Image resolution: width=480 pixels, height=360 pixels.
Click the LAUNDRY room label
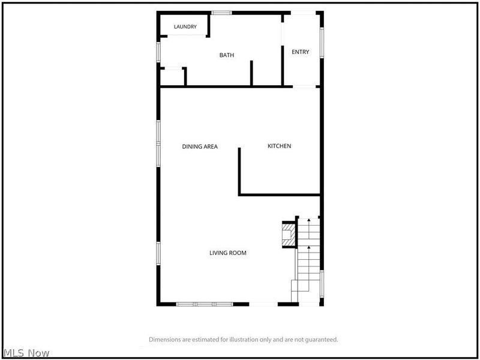pyautogui.click(x=185, y=26)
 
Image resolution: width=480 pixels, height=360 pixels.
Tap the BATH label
pyautogui.click(x=227, y=55)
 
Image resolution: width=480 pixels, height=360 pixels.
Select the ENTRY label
pyautogui.click(x=301, y=52)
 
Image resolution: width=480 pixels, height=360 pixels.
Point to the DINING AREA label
pyautogui.click(x=200, y=146)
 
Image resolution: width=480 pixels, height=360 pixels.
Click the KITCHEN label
pyautogui.click(x=279, y=146)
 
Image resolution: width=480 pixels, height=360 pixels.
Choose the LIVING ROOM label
pyautogui.click(x=228, y=253)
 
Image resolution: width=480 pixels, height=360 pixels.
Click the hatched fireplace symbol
pyautogui.click(x=289, y=235)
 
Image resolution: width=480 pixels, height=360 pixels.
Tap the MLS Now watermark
pyautogui.click(x=26, y=353)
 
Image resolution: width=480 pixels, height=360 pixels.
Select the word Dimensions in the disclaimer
pyautogui.click(x=164, y=340)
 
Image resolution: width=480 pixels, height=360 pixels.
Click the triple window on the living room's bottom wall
pyautogui.click(x=205, y=304)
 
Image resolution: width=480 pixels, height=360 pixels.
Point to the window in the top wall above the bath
pyautogui.click(x=221, y=13)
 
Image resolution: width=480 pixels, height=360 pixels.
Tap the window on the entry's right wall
pyautogui.click(x=322, y=43)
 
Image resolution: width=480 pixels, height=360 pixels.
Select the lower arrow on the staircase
pyautogui.click(x=308, y=268)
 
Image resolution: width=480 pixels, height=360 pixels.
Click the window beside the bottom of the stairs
pyautogui.click(x=322, y=284)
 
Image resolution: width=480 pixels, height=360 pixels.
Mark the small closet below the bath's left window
pyautogui.click(x=172, y=77)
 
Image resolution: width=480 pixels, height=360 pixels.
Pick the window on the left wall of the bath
pyautogui.click(x=158, y=52)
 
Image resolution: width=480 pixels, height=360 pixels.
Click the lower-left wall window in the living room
pyautogui.click(x=158, y=253)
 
